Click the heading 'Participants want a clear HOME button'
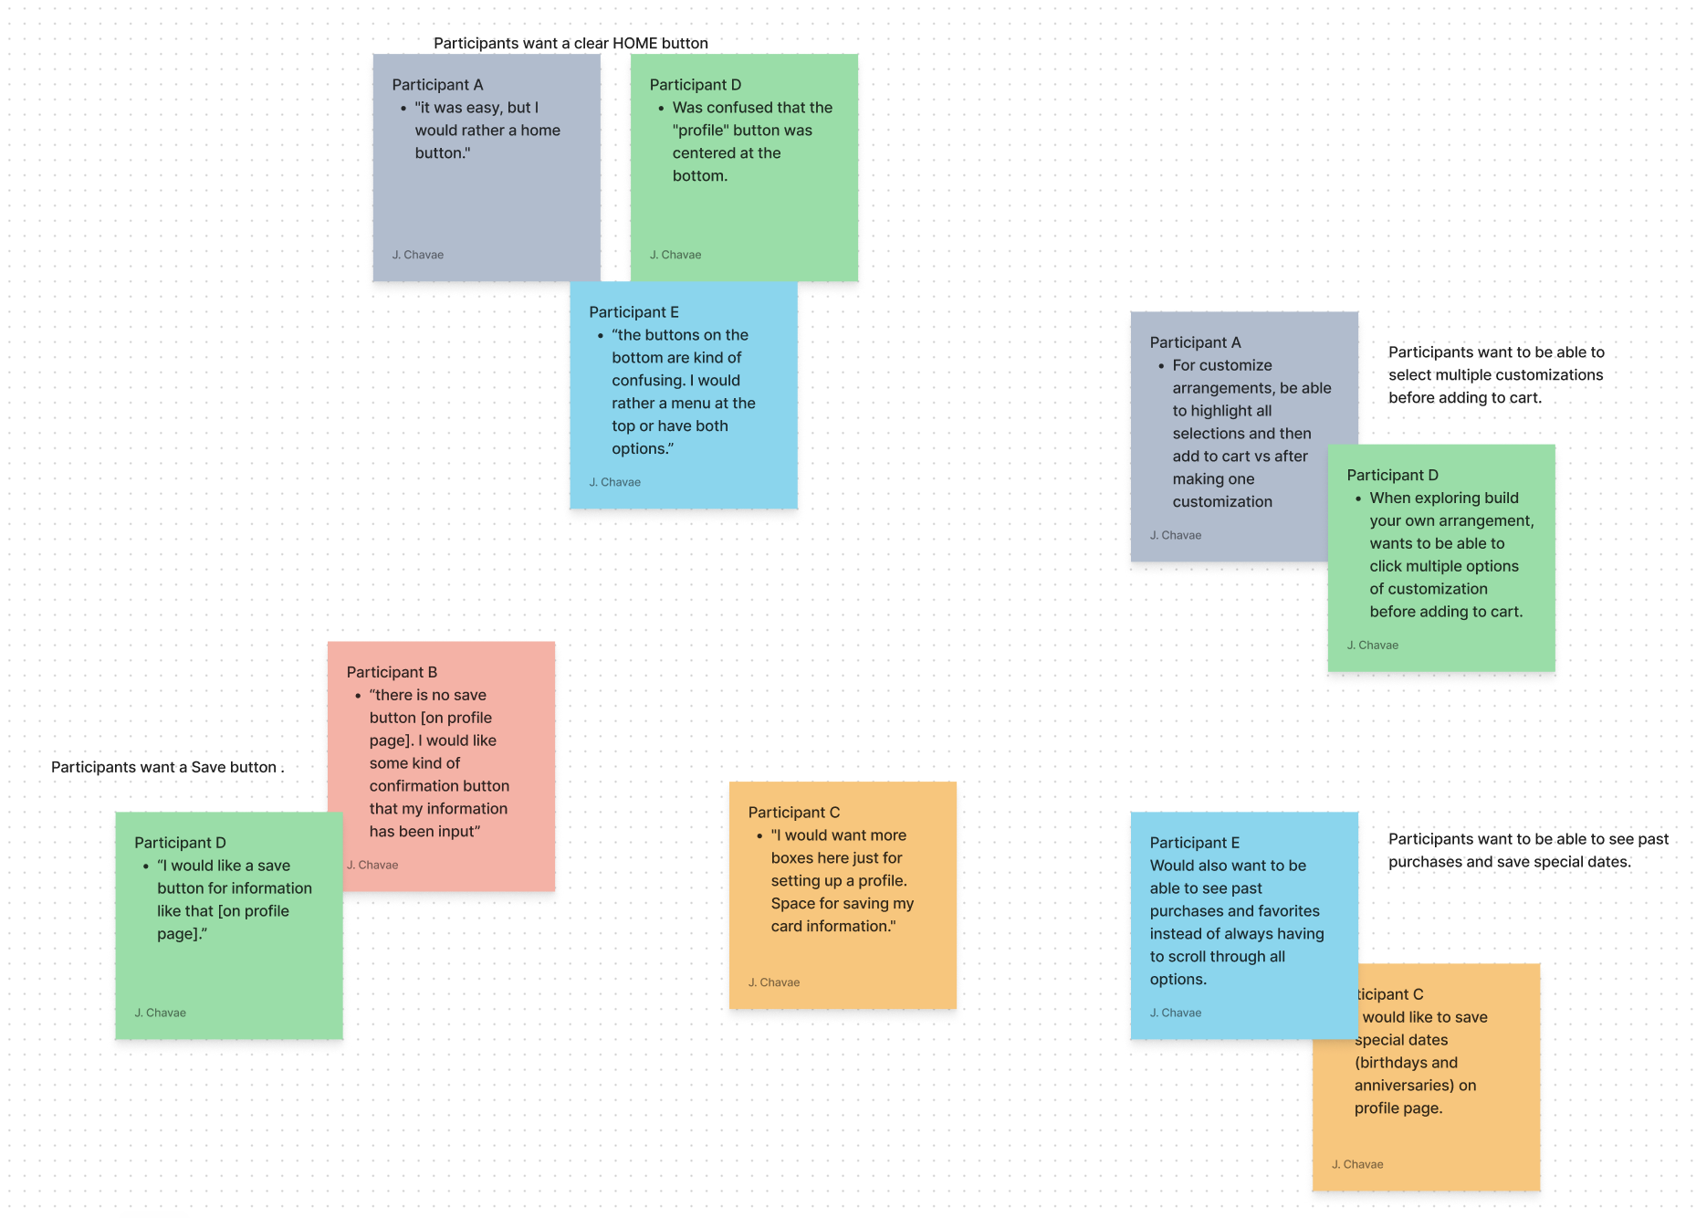(x=571, y=43)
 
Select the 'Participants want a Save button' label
(x=167, y=767)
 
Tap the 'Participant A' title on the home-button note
(x=437, y=85)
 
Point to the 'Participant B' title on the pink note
(x=392, y=672)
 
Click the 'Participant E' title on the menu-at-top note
(x=633, y=312)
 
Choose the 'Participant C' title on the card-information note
(x=793, y=813)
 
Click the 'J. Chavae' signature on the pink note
(x=372, y=865)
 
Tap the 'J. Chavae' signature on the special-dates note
(x=1357, y=1164)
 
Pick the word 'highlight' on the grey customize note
(x=1221, y=411)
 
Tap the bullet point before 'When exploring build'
(x=1358, y=499)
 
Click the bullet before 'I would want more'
(x=759, y=835)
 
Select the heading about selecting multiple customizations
(x=1495, y=375)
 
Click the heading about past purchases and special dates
(x=1527, y=850)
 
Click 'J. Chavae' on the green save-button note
(x=160, y=1013)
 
